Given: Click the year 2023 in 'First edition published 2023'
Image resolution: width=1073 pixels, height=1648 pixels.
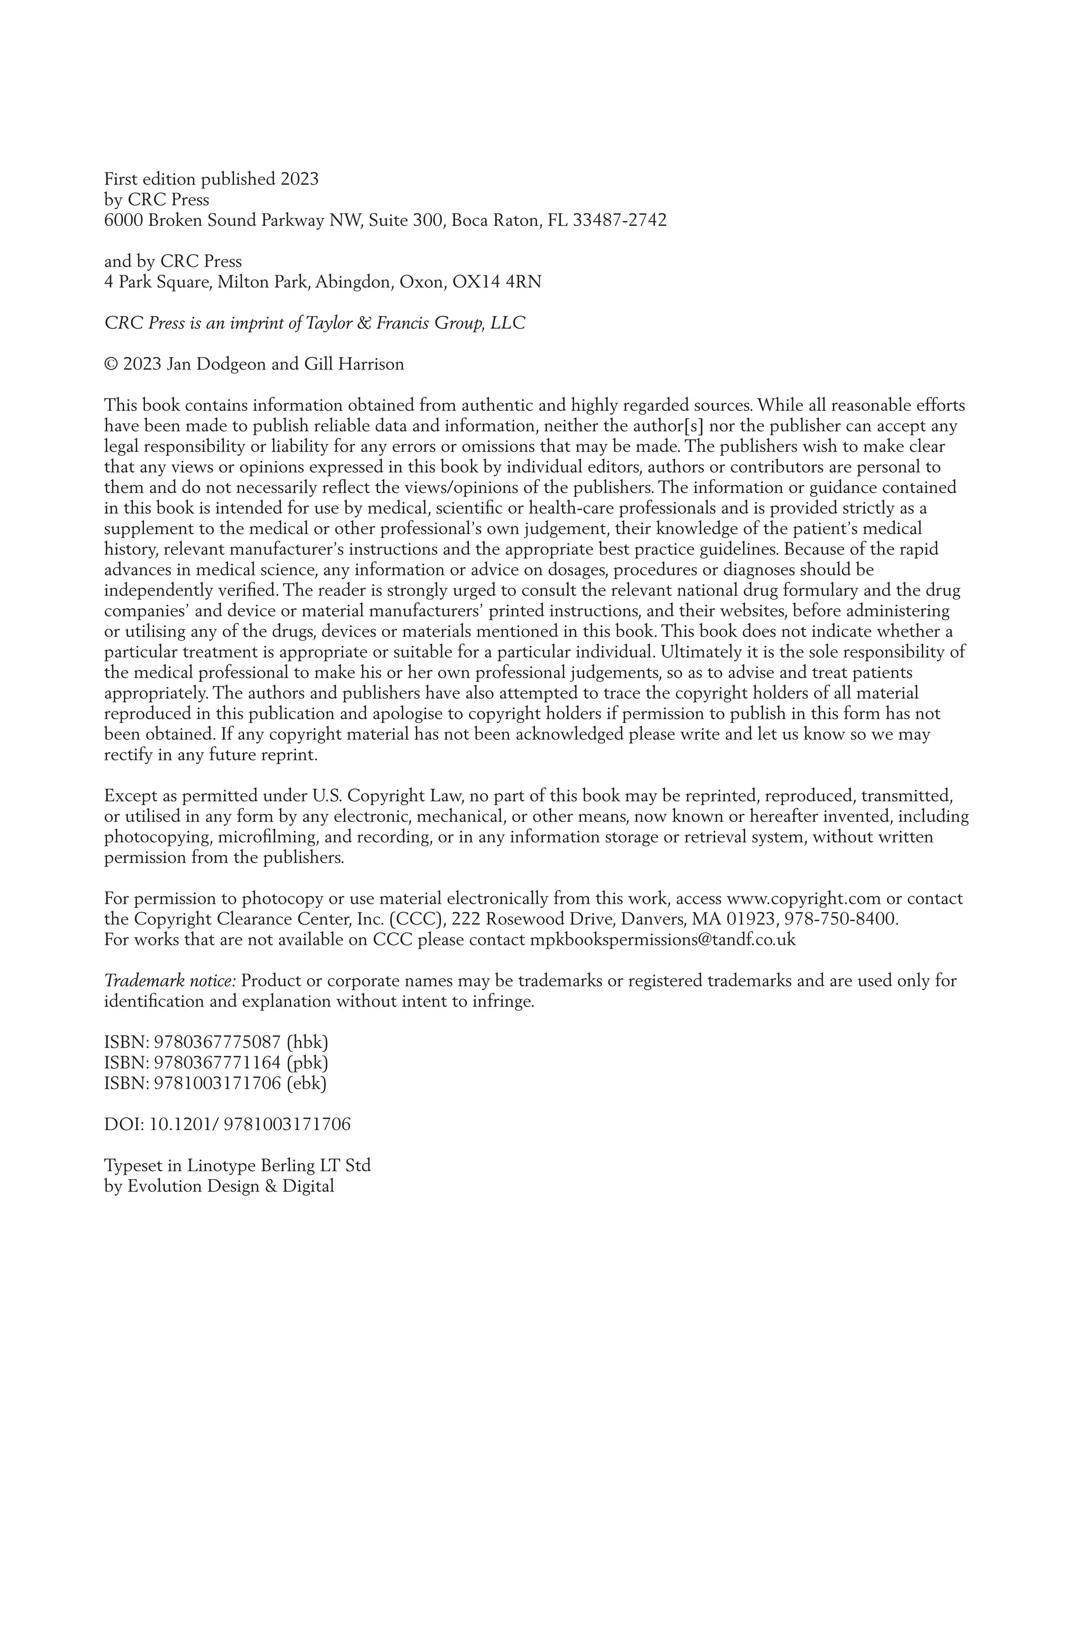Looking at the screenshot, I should pos(299,179).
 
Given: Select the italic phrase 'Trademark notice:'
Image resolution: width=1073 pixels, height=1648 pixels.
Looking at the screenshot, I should pos(170,981).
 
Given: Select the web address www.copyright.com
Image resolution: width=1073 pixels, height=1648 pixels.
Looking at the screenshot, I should pos(803,899).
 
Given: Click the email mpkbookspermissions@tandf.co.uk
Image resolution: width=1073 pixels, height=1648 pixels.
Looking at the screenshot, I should pos(662,940).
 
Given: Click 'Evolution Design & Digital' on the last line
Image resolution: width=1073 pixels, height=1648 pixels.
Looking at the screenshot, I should pos(231,1186).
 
